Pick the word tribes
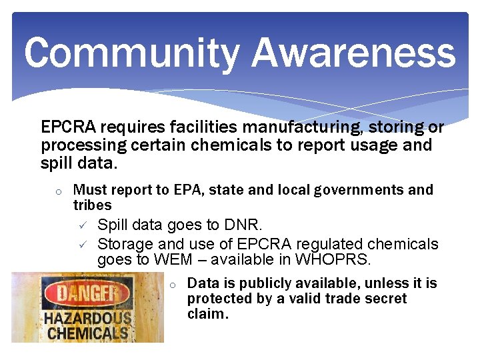[x=92, y=205]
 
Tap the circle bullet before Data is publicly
[x=172, y=285]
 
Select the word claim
[x=207, y=314]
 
